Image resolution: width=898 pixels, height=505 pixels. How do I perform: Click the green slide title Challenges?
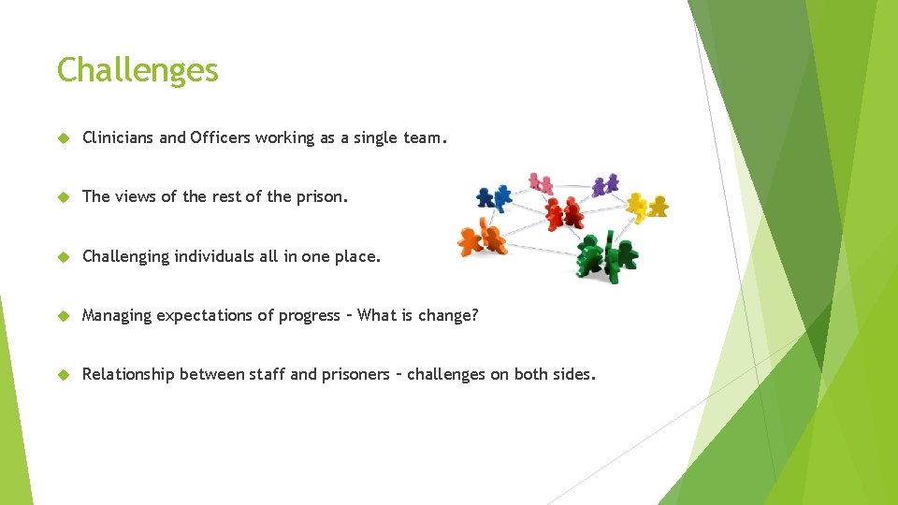point(138,70)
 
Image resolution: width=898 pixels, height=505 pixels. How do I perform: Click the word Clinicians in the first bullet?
point(118,137)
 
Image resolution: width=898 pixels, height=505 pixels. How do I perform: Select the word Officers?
point(220,137)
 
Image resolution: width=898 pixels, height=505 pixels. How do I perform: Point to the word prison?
point(322,196)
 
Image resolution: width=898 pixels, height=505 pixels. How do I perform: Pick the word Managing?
point(116,315)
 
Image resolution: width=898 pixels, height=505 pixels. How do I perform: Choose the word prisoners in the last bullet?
point(355,374)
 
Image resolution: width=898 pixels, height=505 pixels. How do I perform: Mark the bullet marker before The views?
point(65,196)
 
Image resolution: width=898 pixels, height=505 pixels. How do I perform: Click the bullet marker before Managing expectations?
point(65,316)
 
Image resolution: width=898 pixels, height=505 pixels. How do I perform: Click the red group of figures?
point(564,213)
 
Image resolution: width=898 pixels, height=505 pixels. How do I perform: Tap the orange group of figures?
point(482,238)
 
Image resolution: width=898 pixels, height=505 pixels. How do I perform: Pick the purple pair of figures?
point(605,184)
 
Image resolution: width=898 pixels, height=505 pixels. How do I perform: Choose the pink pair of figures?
point(541,182)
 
